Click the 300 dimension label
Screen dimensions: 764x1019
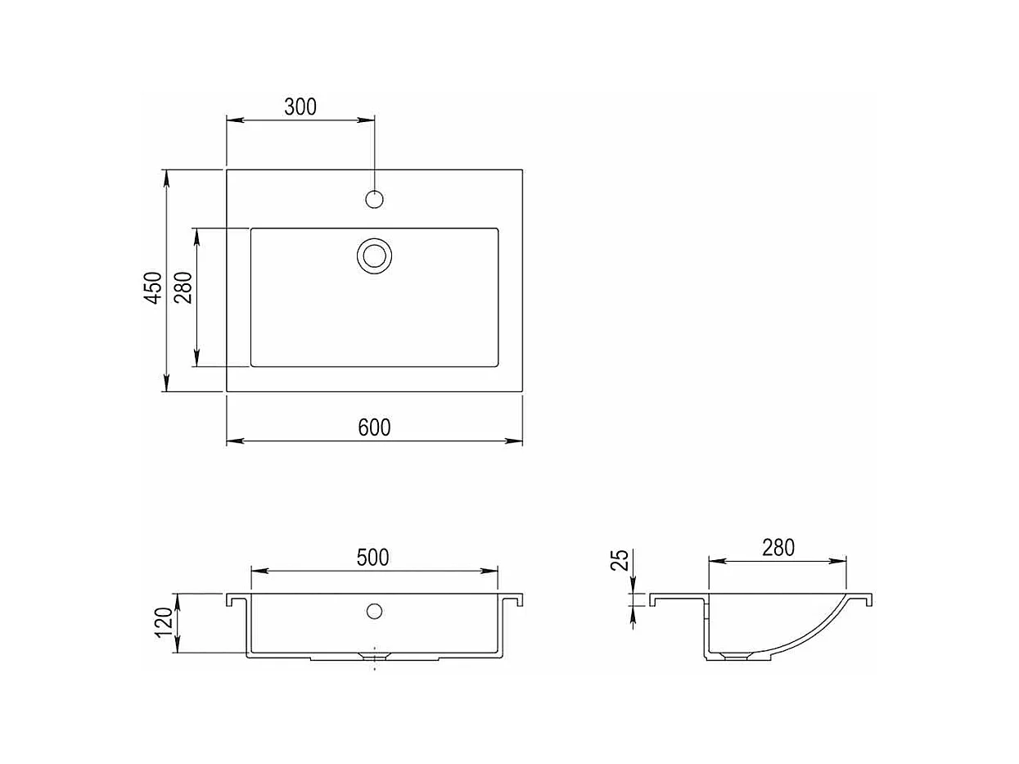pos(300,106)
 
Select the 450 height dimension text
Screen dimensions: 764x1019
pos(153,288)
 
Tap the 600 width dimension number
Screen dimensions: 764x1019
pos(374,427)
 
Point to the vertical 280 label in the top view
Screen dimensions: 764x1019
pos(183,287)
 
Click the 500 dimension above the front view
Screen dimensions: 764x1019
pos(372,558)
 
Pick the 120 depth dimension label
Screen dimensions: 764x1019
pos(165,622)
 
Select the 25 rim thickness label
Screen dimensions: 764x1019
pos(620,560)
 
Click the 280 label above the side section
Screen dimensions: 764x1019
pos(778,548)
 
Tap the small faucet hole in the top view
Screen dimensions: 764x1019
pos(374,199)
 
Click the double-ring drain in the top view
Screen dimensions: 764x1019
pos(374,255)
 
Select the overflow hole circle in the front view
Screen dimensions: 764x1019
pos(374,610)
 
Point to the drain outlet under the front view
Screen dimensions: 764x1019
pos(374,656)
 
